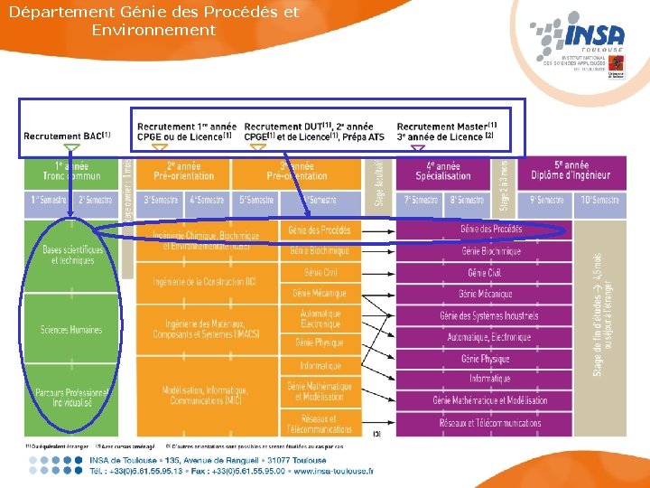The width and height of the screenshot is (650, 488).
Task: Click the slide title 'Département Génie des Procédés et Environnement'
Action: [x=153, y=21]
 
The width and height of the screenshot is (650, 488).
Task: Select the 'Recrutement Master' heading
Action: [x=446, y=126]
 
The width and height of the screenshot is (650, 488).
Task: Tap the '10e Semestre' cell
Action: [x=599, y=200]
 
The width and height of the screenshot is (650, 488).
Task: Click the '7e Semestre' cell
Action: [x=420, y=200]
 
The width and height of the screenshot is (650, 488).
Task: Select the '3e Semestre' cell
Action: [x=160, y=200]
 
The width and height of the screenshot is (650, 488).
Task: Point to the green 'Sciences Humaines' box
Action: [x=71, y=330]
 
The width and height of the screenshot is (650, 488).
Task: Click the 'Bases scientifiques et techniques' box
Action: [x=71, y=255]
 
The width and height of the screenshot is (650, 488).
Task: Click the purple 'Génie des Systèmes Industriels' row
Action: [x=488, y=315]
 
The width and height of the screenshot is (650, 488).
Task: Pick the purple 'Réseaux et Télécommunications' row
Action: [x=488, y=422]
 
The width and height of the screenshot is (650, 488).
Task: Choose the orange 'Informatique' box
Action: [x=320, y=366]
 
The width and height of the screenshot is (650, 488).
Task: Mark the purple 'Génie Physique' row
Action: [x=488, y=359]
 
